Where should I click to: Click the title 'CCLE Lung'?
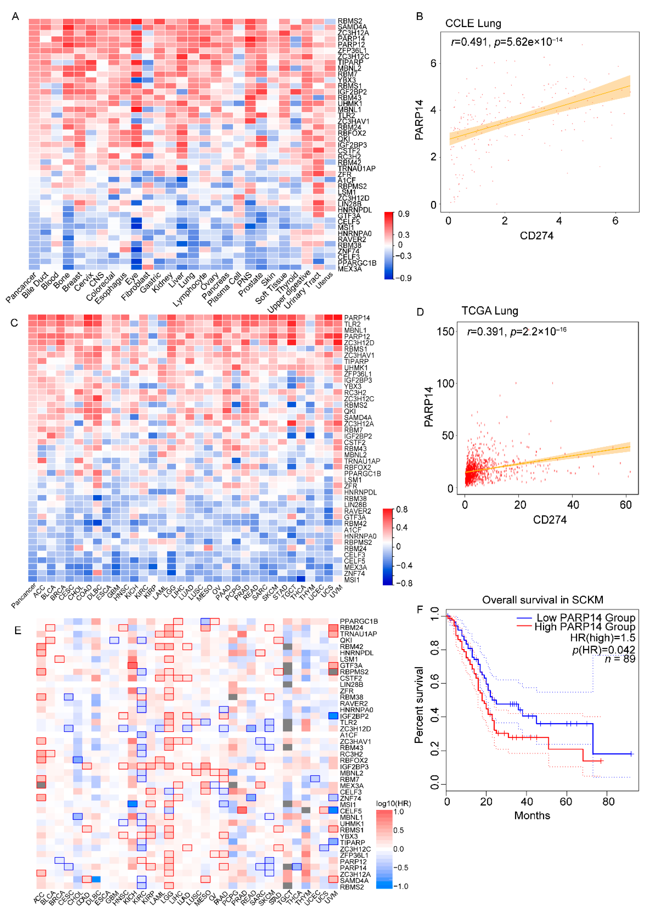[473, 24]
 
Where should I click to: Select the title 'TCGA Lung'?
[490, 311]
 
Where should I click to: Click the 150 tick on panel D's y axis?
[445, 332]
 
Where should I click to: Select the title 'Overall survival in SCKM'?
[542, 600]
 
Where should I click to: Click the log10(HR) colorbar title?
[393, 803]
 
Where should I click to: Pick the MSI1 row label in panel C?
[352, 580]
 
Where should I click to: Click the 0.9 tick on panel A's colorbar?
[403, 214]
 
